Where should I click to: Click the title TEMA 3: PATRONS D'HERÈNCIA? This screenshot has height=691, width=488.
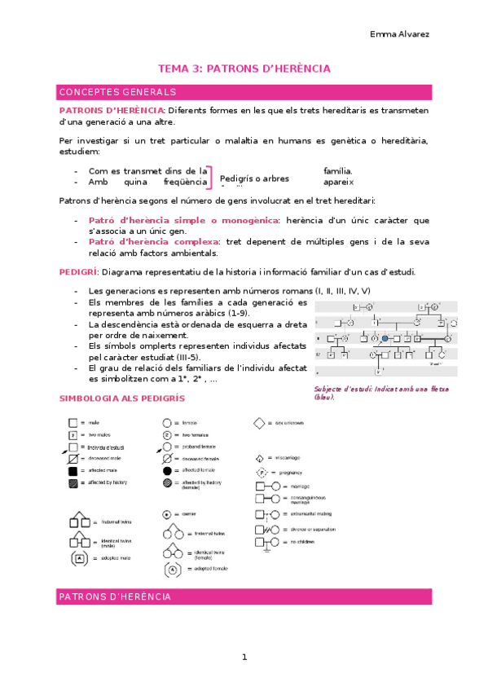244,69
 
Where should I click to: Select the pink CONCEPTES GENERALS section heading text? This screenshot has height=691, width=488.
118,92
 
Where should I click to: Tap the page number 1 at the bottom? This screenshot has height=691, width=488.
244,657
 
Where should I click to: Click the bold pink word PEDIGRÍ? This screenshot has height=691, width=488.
78,271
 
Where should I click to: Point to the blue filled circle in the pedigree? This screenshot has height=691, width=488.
385,337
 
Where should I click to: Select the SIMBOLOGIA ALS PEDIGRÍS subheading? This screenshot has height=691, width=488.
122,398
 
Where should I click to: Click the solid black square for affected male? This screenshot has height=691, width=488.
73,471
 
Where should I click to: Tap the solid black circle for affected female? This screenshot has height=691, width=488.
167,471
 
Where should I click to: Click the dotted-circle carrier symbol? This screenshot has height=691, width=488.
167,515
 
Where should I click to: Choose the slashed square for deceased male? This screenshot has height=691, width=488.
73,459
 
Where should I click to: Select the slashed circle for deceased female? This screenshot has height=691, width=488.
167,459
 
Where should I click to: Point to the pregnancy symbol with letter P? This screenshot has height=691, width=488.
262,473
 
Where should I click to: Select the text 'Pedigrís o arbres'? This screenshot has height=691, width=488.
254,178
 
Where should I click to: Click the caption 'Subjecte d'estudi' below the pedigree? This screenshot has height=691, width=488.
342,389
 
